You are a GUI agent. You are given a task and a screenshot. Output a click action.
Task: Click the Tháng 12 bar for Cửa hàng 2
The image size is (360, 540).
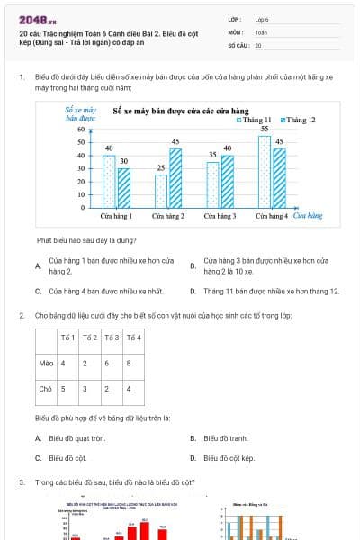(x=175, y=178)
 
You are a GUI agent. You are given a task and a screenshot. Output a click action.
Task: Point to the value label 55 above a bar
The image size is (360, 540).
(x=265, y=129)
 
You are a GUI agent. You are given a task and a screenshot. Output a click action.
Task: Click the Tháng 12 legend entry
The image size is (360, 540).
(x=298, y=120)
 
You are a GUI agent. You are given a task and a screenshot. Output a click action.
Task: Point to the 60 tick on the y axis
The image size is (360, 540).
(x=81, y=130)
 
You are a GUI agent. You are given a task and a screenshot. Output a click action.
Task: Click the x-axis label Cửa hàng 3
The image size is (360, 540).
(x=220, y=216)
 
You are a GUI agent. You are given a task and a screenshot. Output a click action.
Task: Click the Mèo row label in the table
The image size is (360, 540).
(x=46, y=363)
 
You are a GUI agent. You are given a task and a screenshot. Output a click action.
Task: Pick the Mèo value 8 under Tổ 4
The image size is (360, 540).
(x=130, y=363)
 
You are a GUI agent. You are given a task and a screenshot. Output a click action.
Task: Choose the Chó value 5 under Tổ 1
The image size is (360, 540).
(x=62, y=389)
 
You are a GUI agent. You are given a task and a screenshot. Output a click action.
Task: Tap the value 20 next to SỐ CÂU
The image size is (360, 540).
(x=258, y=45)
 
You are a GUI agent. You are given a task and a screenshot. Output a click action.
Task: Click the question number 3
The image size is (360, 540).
(x=21, y=483)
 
